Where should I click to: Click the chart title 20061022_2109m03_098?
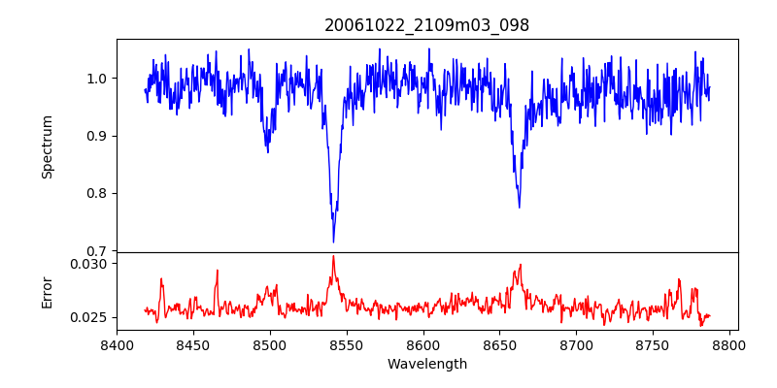click(426, 25)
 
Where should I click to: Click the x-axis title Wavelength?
click(426, 365)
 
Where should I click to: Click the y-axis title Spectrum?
click(47, 146)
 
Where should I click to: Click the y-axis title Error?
click(47, 291)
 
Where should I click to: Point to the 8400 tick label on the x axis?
click(117, 344)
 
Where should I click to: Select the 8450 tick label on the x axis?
click(192, 344)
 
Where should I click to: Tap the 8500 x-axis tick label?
click(269, 344)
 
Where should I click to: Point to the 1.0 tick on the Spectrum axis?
click(96, 79)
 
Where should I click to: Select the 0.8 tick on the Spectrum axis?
click(96, 193)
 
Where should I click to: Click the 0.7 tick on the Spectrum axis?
click(96, 251)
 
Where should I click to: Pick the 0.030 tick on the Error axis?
click(90, 263)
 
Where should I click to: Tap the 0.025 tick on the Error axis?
click(90, 317)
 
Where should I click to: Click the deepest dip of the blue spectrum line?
click(333, 242)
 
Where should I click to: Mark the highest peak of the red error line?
click(333, 256)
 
